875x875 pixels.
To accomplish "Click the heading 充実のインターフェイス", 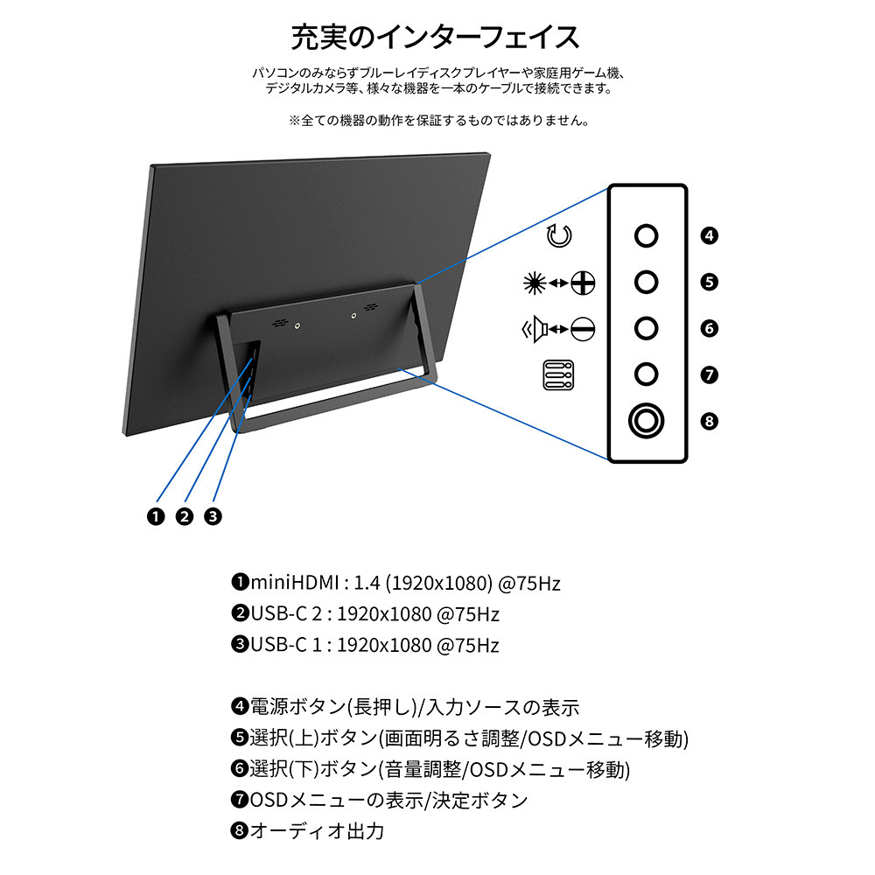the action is click(x=435, y=38).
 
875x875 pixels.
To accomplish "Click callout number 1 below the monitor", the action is click(x=157, y=516).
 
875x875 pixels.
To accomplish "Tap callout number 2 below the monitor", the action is click(x=185, y=516).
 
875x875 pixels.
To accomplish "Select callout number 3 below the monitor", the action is click(x=213, y=516).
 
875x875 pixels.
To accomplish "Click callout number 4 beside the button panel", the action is click(x=710, y=235).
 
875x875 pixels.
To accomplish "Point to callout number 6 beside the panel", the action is click(x=710, y=328).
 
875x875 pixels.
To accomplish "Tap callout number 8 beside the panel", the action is click(x=710, y=421).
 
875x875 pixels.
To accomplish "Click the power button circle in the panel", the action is click(x=647, y=235).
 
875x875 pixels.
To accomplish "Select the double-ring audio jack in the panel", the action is click(x=647, y=421).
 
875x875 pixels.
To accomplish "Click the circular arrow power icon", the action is click(x=559, y=235).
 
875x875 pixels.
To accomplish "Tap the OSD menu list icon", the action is click(x=558, y=374).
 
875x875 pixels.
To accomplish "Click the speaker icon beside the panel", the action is click(x=535, y=329).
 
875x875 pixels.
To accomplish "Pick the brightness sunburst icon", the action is click(x=535, y=283).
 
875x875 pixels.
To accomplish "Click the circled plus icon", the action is click(x=583, y=283).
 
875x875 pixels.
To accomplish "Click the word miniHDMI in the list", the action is click(x=295, y=583).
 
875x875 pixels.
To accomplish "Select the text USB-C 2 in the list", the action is click(x=286, y=614).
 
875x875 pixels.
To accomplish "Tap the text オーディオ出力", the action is click(x=317, y=831).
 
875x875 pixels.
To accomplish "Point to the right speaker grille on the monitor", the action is click(x=370, y=307).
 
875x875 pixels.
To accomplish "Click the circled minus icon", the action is click(x=583, y=329).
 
